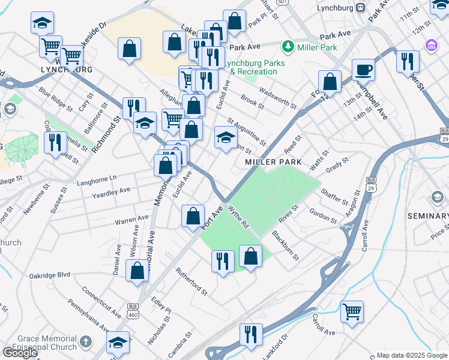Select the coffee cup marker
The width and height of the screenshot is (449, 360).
tap(363, 70)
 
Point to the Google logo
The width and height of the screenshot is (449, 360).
tap(19, 353)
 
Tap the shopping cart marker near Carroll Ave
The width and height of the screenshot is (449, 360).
tap(352, 311)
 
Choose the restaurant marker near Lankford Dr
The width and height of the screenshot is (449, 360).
tap(251, 334)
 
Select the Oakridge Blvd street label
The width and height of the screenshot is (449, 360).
tap(50, 275)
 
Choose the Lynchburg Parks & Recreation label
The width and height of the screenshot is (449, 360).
tap(250, 67)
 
